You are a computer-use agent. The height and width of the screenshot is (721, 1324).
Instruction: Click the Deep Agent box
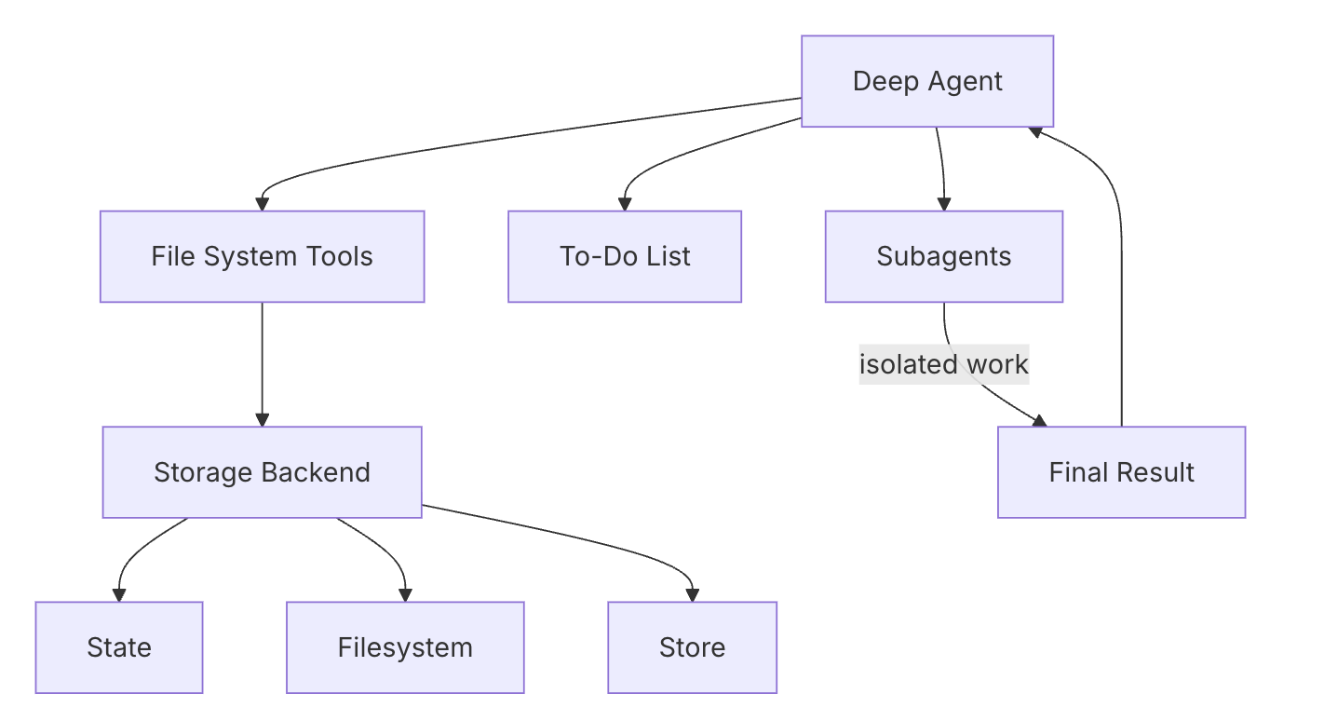coord(927,81)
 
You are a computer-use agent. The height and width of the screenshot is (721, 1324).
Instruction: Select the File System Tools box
coord(262,256)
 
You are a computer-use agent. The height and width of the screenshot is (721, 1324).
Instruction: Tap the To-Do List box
coord(625,256)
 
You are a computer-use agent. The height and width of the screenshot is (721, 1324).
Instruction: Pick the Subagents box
coord(943,256)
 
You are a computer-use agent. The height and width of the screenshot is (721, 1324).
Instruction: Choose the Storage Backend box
coord(262,472)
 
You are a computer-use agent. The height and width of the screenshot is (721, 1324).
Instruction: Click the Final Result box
coord(1121,472)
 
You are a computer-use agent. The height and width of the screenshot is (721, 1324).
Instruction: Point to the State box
coord(119,647)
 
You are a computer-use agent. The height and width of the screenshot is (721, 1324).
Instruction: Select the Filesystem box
coord(405,647)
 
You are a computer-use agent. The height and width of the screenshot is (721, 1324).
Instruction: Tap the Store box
coord(692,647)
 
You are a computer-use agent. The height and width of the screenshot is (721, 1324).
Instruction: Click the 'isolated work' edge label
coord(943,364)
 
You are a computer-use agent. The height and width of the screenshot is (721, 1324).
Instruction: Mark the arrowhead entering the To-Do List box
coord(625,204)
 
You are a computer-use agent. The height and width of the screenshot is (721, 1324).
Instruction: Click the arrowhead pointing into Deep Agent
coord(1035,131)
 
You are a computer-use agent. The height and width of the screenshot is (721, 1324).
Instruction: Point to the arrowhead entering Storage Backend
coord(262,420)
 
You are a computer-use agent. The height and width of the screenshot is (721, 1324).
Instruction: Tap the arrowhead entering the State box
coord(119,595)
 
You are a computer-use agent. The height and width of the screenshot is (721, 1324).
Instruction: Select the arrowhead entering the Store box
coord(692,595)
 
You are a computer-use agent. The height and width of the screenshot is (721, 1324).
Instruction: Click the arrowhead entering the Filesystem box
coord(405,595)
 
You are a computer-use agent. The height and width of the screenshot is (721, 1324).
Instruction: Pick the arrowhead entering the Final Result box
coord(1039,421)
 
